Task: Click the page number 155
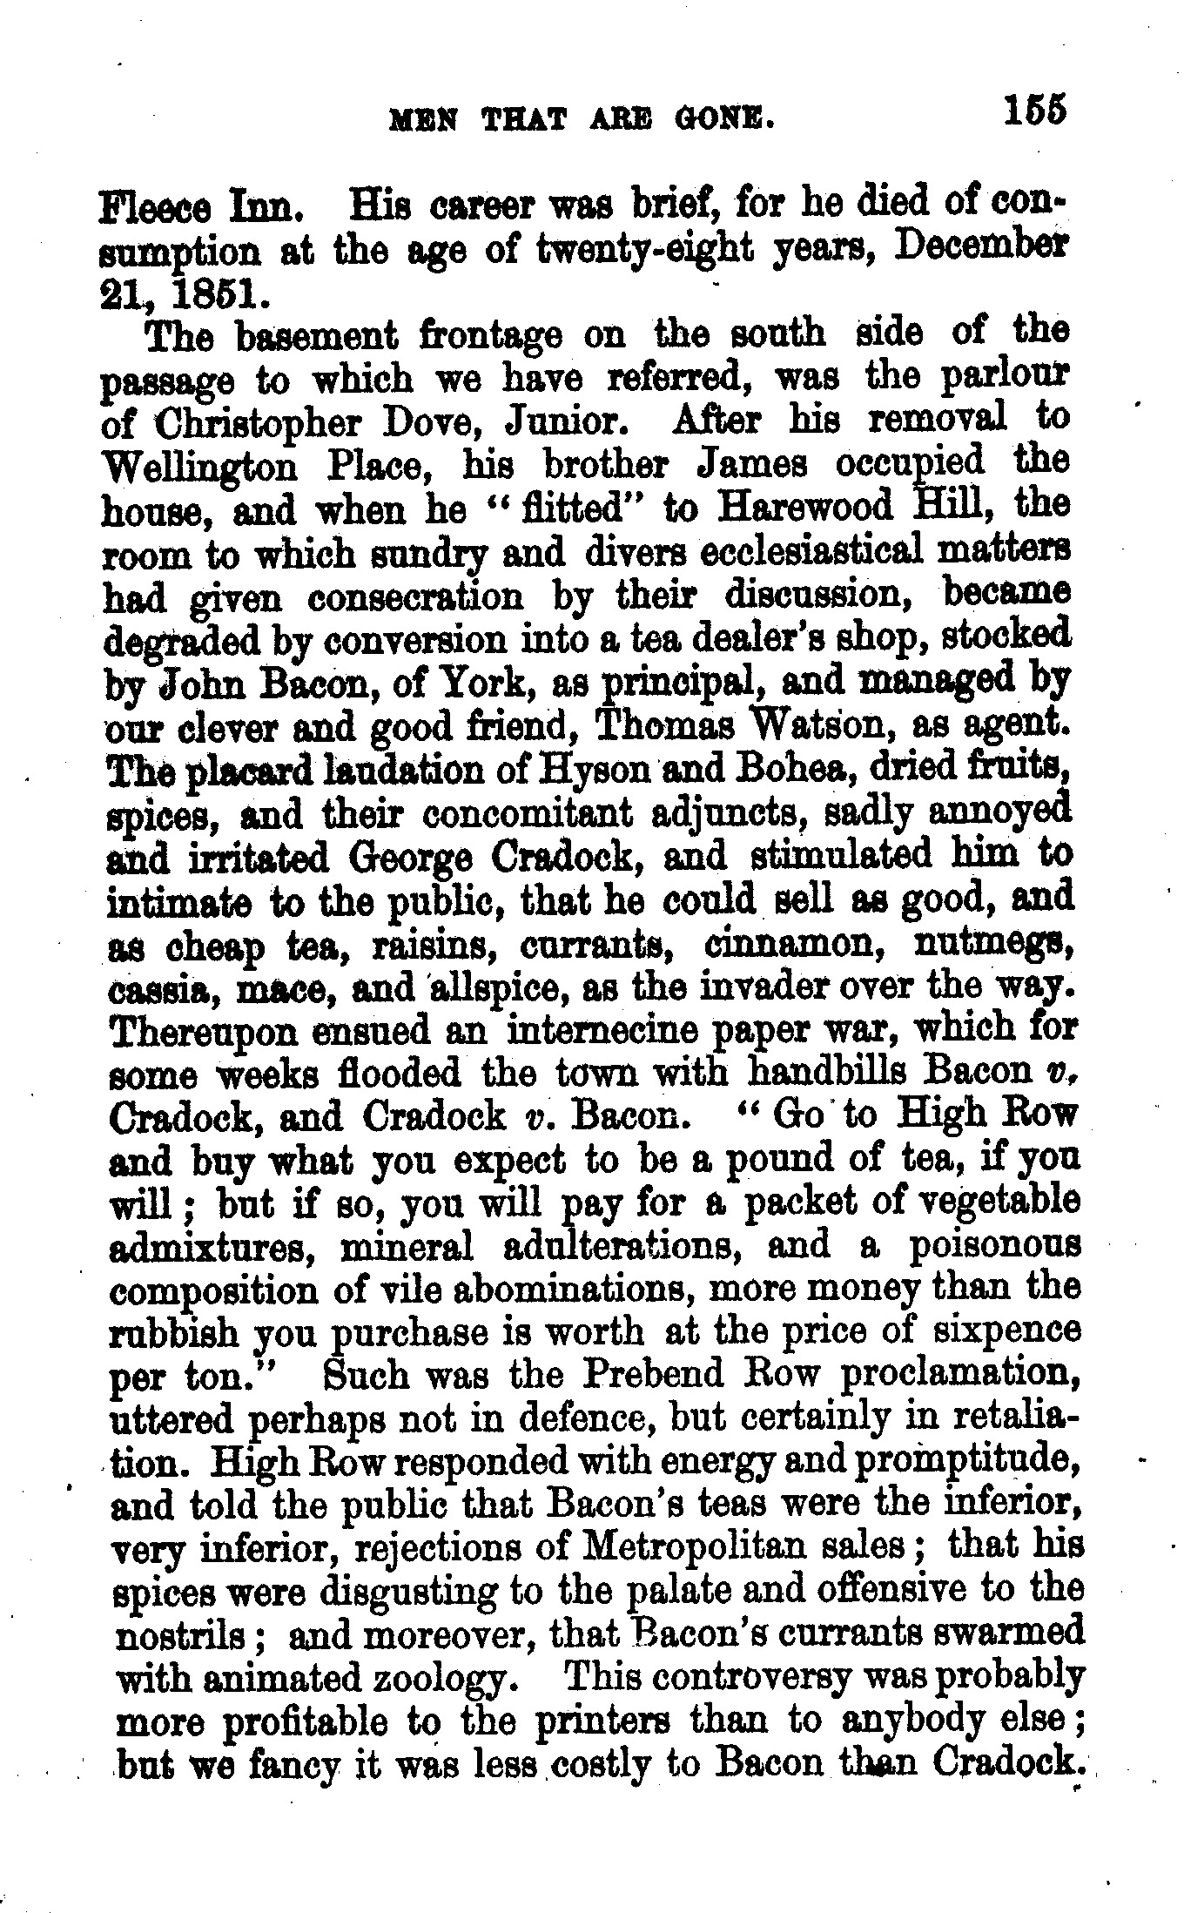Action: click(1034, 113)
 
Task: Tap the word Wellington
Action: click(199, 467)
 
